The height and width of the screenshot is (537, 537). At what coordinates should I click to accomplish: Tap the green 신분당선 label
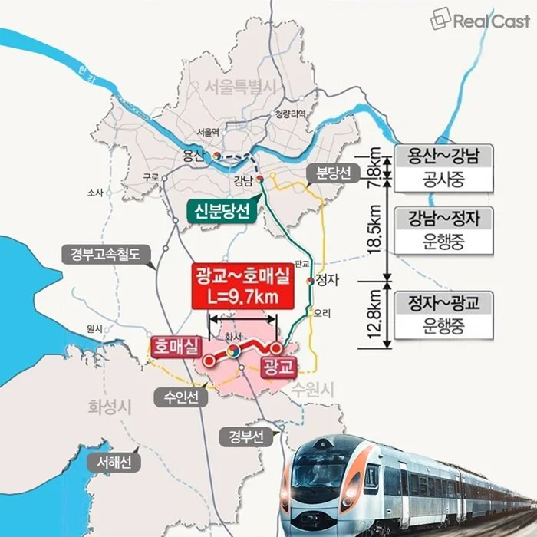[222, 211]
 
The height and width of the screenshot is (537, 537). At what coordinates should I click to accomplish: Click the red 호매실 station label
[175, 346]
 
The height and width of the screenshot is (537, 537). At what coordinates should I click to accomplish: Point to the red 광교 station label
[278, 367]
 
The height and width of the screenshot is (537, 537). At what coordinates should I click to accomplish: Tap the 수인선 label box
[182, 397]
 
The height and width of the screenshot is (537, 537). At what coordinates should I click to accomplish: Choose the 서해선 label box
[114, 463]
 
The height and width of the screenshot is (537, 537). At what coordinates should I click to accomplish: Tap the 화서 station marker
[232, 351]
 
